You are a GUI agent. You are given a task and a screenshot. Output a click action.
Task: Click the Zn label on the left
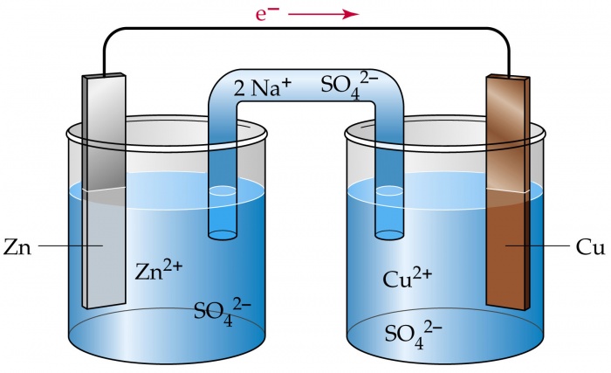pyautogui.click(x=17, y=247)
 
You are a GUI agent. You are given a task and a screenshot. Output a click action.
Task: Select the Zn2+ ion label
pyautogui.click(x=159, y=269)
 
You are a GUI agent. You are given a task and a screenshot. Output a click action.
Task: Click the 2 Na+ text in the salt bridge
pyautogui.click(x=255, y=86)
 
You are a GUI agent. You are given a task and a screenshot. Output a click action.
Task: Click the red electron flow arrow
pyautogui.click(x=324, y=14)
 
